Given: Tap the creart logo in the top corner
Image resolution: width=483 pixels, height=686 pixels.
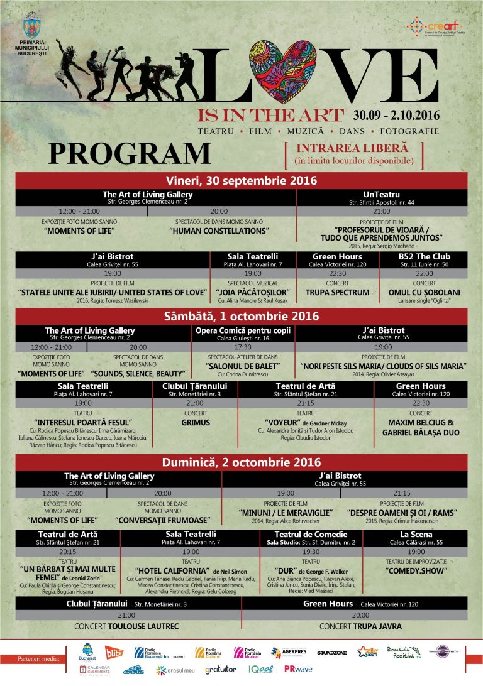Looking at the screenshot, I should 431,28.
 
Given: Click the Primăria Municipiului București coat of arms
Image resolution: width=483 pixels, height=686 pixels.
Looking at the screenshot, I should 31,28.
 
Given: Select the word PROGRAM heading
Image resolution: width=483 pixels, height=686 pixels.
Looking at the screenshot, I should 130,154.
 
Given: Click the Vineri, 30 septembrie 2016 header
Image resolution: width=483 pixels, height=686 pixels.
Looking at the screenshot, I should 241,180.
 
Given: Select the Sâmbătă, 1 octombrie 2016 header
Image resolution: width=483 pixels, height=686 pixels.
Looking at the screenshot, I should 241,316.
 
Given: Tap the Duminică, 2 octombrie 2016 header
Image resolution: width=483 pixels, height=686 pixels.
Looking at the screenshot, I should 241,462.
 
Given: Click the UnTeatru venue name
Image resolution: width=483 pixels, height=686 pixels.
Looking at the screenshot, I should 382,195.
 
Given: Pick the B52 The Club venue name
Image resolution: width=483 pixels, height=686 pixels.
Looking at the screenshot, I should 424,256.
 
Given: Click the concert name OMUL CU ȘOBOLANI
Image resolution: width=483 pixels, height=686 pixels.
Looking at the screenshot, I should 424,292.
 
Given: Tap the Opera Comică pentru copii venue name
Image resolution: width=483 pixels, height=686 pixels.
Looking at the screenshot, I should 242,330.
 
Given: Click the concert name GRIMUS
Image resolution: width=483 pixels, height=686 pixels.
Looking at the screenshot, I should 195,423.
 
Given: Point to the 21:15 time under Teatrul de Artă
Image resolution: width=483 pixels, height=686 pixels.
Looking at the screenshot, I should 306,403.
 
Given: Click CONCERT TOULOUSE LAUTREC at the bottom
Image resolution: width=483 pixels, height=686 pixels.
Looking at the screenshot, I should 126,626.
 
